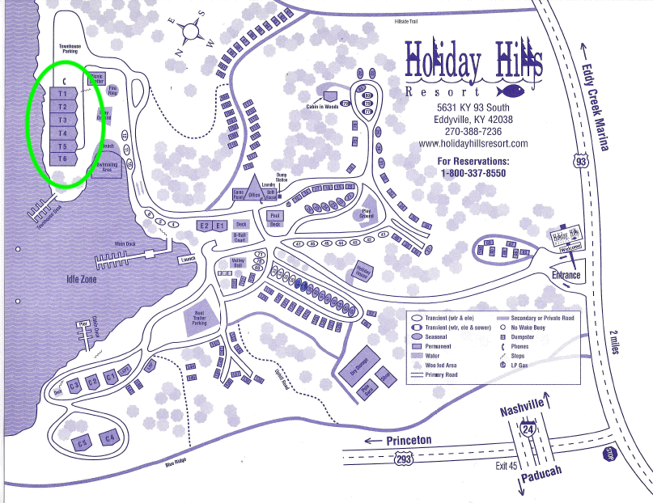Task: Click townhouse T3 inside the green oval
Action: click(62, 120)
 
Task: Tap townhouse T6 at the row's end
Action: click(62, 159)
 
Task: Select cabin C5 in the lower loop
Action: click(82, 443)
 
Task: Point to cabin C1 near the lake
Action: click(112, 378)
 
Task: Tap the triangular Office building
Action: click(253, 188)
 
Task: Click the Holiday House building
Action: click(363, 273)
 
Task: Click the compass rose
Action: click(193, 32)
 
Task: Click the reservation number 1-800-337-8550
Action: click(473, 173)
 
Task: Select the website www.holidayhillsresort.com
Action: click(473, 144)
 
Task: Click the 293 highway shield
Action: click(404, 459)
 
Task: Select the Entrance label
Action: click(566, 275)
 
